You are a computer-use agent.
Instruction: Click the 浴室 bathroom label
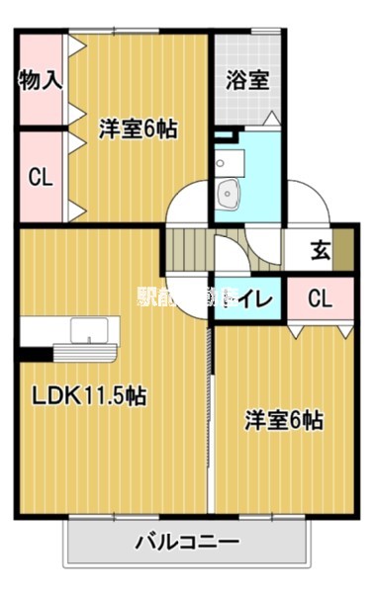click(x=247, y=80)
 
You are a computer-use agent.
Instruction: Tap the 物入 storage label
click(x=40, y=80)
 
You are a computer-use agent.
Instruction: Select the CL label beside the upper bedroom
click(x=40, y=178)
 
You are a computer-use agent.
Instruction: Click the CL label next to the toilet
click(x=319, y=296)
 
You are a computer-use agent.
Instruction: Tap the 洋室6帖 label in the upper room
click(x=138, y=127)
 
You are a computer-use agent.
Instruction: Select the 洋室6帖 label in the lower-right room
click(x=284, y=419)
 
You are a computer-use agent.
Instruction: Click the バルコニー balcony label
click(x=187, y=543)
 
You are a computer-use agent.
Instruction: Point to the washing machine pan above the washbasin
click(x=228, y=162)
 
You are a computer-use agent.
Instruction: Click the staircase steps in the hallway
click(x=186, y=247)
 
